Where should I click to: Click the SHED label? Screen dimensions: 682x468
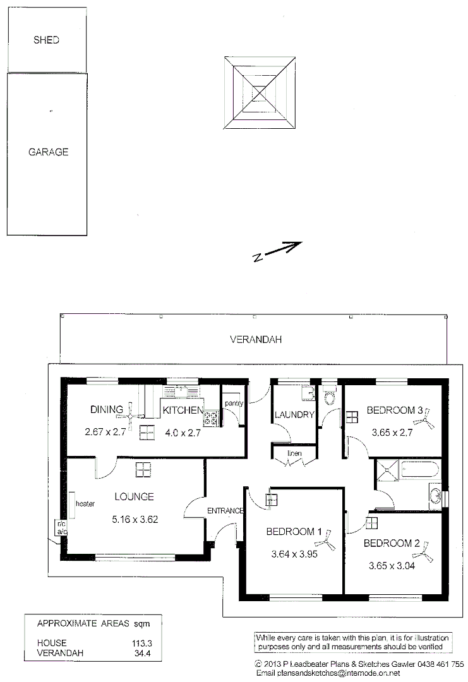tap(46, 40)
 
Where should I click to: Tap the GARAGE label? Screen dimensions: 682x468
tap(48, 152)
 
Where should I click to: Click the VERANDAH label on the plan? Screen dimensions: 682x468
tap(256, 339)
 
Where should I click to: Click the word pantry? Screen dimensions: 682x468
tap(234, 403)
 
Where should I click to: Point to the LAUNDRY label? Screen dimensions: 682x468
tap(294, 415)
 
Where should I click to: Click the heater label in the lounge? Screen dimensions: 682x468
tap(85, 504)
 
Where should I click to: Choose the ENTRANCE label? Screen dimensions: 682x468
tap(225, 510)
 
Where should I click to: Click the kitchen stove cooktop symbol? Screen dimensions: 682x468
tap(210, 417)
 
